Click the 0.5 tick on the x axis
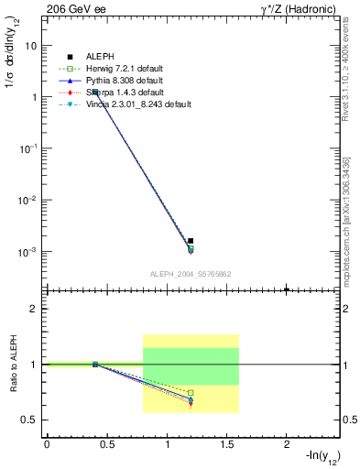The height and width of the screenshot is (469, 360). (x=107, y=443)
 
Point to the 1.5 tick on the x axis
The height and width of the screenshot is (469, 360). (x=227, y=443)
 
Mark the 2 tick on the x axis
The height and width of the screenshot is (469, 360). (x=287, y=443)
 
